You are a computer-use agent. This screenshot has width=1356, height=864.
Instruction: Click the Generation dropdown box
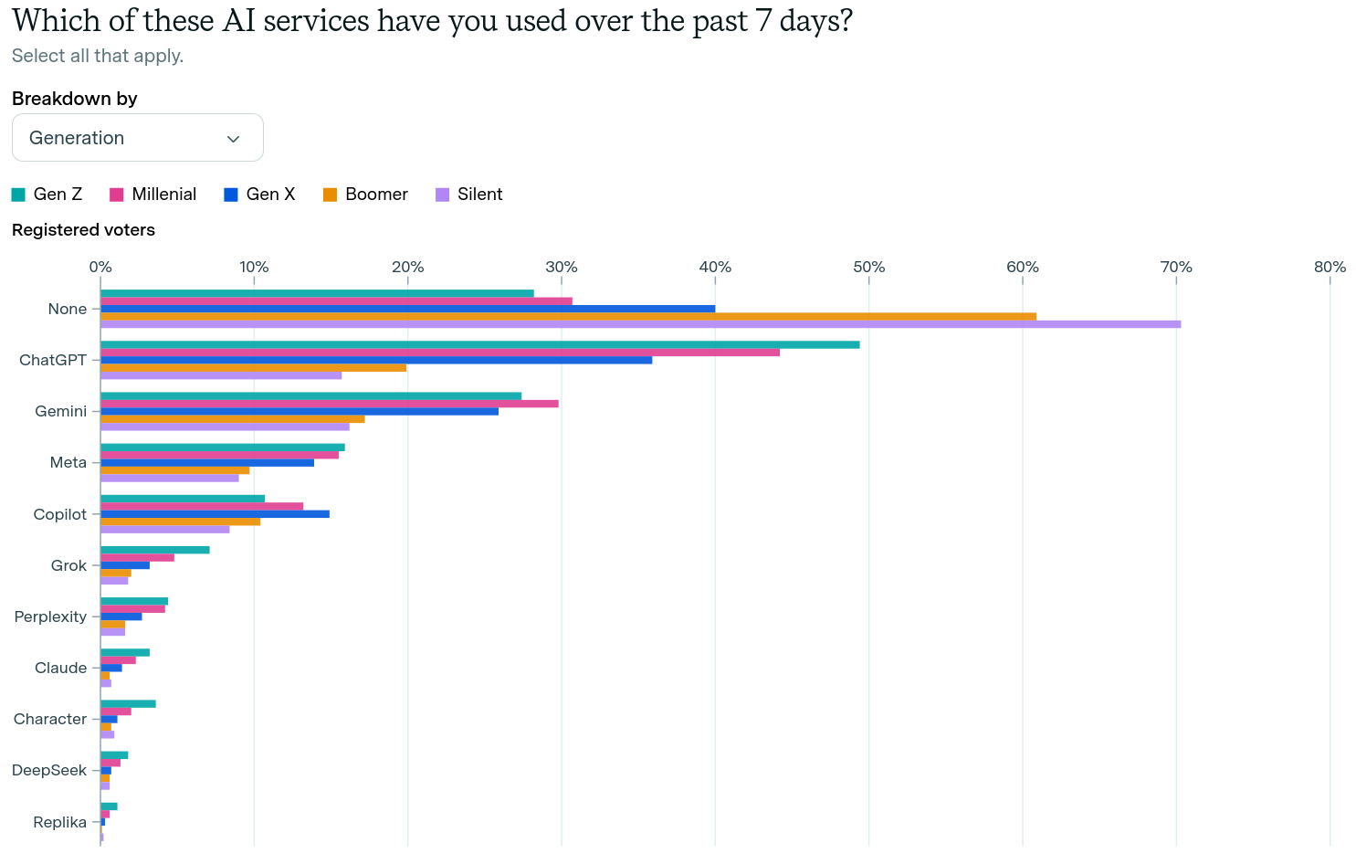(137, 138)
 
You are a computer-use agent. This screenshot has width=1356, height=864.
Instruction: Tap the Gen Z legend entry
(47, 195)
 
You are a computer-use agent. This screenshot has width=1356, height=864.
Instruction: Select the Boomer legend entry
(365, 195)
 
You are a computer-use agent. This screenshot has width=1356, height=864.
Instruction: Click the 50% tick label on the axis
(868, 267)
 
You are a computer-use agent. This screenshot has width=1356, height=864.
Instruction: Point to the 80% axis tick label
(1330, 267)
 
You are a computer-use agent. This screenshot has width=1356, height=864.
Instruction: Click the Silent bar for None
(639, 324)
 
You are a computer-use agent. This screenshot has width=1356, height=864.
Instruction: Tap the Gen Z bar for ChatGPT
(479, 344)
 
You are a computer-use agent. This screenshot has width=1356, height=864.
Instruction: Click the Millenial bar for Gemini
(329, 404)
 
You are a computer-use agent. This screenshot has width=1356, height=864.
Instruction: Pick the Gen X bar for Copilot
(215, 514)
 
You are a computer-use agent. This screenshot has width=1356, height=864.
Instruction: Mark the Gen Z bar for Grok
(154, 550)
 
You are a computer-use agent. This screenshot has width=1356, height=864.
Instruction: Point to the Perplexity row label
(50, 616)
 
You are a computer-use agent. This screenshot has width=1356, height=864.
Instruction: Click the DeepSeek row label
(49, 770)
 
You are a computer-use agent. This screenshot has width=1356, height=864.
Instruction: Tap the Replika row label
(59, 822)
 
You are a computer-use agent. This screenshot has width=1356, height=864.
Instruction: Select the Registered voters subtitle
(83, 230)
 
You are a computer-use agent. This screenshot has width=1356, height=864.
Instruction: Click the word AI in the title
(238, 20)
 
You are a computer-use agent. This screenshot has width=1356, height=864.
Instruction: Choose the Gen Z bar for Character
(128, 703)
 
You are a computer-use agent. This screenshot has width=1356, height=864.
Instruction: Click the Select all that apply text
(98, 56)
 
